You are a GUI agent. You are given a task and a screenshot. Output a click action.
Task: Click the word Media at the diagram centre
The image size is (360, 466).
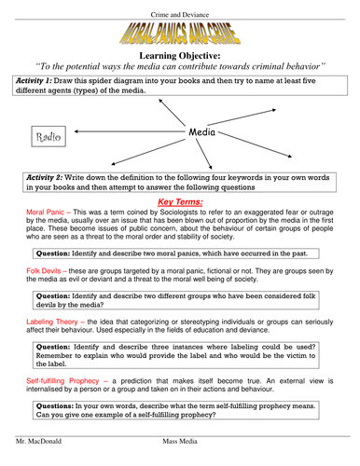[x=202, y=133]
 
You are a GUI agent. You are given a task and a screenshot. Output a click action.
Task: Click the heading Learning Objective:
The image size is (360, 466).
[x=180, y=57]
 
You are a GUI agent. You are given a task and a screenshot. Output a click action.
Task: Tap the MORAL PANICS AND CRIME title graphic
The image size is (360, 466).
[x=180, y=36]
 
